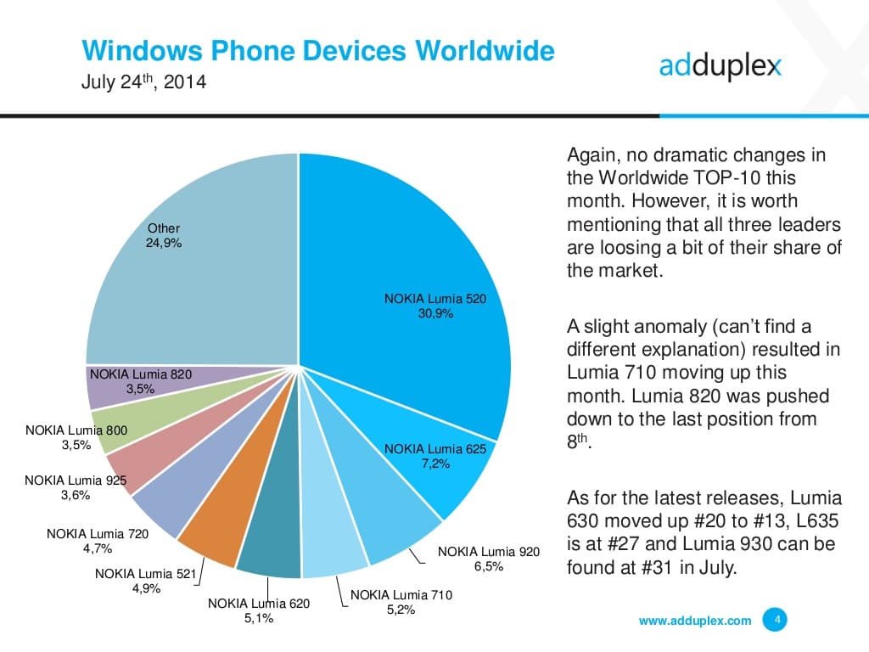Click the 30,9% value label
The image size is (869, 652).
pyautogui.click(x=435, y=313)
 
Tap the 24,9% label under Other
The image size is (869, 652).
pyautogui.click(x=164, y=242)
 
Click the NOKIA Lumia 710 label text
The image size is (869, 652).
pyautogui.click(x=401, y=595)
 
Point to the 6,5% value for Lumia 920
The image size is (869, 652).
pyautogui.click(x=488, y=566)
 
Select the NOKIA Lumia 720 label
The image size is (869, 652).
pyautogui.click(x=98, y=534)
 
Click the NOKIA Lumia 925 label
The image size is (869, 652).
pyautogui.click(x=76, y=481)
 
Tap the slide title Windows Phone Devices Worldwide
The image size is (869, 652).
pyautogui.click(x=318, y=51)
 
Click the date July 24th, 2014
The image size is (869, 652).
pyautogui.click(x=143, y=84)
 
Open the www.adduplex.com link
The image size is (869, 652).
pyautogui.click(x=694, y=621)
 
